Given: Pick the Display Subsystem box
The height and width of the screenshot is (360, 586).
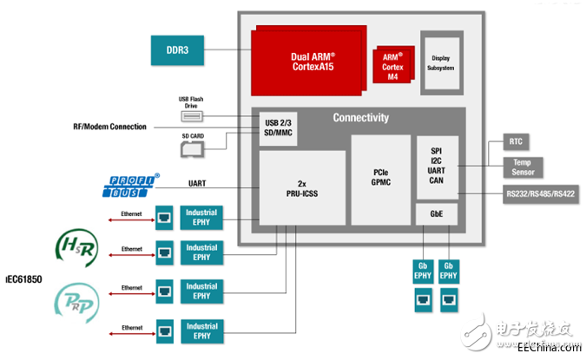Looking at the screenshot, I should [440, 62].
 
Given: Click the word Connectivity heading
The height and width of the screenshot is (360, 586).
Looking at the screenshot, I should [361, 118].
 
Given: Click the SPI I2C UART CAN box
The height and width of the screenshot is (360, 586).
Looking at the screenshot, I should [436, 166].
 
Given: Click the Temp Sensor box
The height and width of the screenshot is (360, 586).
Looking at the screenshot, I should [522, 166].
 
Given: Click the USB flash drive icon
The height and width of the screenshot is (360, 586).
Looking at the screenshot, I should [192, 115].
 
